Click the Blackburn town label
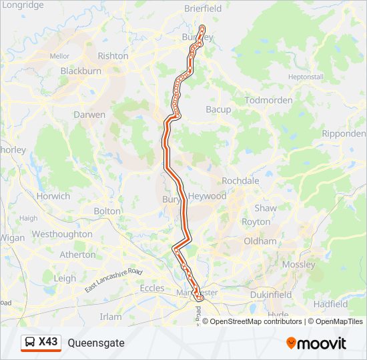click(x=81, y=71)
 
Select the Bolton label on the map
click(x=107, y=211)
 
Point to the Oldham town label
click(x=260, y=241)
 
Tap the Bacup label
click(x=218, y=109)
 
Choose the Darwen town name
click(x=89, y=115)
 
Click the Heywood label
click(x=207, y=196)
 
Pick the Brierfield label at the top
click(x=203, y=9)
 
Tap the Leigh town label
click(x=65, y=278)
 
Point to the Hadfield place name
click(x=330, y=304)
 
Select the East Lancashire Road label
click(x=114, y=281)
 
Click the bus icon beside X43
click(x=31, y=343)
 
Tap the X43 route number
click(x=48, y=342)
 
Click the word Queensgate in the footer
click(x=96, y=343)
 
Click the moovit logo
click(x=316, y=343)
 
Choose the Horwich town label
click(x=53, y=196)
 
